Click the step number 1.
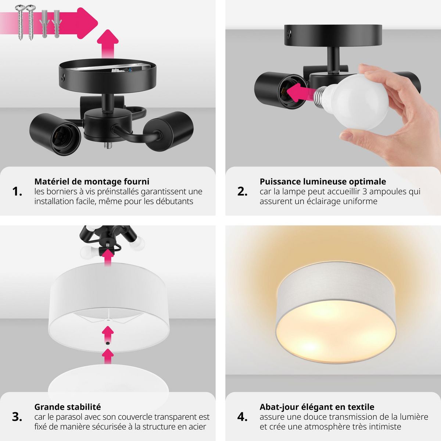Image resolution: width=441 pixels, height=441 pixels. click(x=17, y=191)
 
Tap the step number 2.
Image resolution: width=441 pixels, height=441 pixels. click(x=242, y=191)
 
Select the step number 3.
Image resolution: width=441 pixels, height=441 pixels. click(x=17, y=417)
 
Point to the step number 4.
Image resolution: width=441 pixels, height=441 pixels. click(x=242, y=417)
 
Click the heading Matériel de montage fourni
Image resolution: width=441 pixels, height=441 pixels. click(x=92, y=182)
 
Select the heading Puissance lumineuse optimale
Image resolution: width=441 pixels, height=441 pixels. click(x=323, y=182)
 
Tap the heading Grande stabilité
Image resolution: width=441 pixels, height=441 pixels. click(x=68, y=407)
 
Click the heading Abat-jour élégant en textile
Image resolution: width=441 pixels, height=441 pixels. click(x=317, y=407)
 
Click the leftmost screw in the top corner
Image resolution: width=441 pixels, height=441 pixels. click(x=20, y=22)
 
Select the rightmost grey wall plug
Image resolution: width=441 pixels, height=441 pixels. click(x=57, y=24)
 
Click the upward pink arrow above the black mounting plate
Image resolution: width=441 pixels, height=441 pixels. click(x=108, y=43)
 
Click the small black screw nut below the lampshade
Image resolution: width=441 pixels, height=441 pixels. click(x=108, y=343)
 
